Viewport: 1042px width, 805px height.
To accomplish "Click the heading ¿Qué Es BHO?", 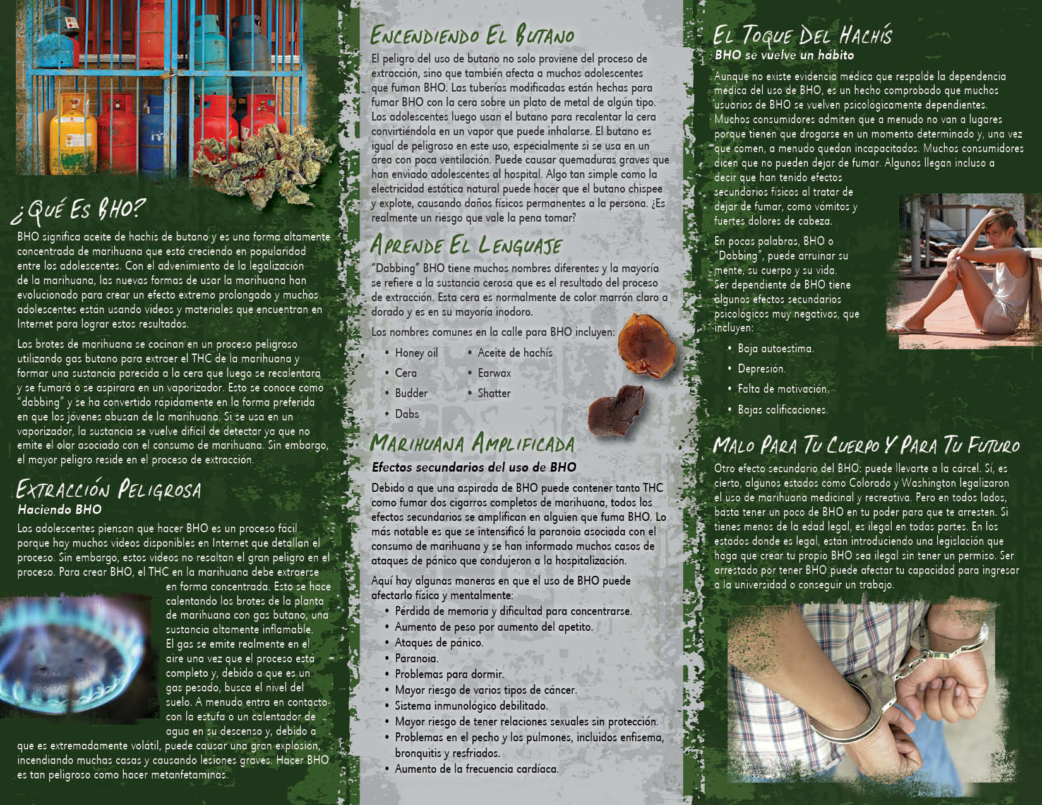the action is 78,211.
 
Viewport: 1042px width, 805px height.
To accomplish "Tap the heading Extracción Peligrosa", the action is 109,489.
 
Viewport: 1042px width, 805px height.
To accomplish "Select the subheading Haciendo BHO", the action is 59,510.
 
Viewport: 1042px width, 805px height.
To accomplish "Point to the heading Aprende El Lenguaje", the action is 466,245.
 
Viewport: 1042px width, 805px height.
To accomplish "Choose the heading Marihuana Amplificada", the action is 472,443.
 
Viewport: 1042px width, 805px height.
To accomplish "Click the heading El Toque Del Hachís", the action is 802,35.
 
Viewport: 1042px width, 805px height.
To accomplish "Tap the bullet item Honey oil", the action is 416,353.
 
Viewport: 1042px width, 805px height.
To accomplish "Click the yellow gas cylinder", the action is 73,134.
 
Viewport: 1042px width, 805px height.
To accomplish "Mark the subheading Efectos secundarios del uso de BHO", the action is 474,467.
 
